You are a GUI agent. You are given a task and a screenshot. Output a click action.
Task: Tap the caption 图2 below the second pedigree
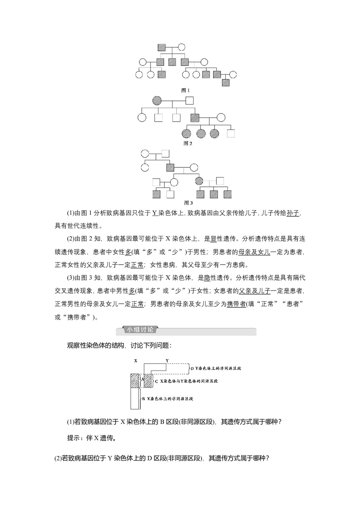tap(188, 143)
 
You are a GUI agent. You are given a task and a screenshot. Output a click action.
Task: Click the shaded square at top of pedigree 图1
tap(162, 47)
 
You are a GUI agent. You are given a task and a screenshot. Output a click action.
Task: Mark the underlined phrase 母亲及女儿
tap(256, 252)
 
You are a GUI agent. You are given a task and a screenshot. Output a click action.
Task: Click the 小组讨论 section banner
tap(139, 330)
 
